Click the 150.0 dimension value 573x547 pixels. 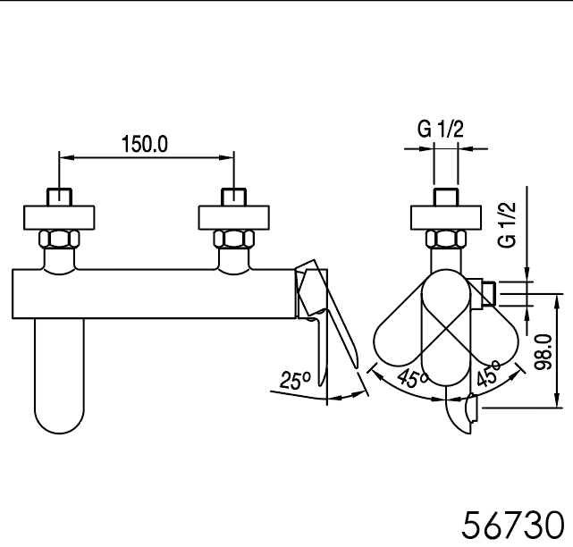coord(145,144)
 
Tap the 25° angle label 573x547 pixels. coord(295,380)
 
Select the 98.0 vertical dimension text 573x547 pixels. coord(543,351)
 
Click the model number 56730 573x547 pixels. coord(513,525)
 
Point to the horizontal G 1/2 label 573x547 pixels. coord(441,129)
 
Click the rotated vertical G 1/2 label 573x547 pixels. coord(508,224)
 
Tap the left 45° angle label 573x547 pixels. coord(412,378)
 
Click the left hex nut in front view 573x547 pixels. coord(59,239)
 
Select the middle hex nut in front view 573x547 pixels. coord(234,239)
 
